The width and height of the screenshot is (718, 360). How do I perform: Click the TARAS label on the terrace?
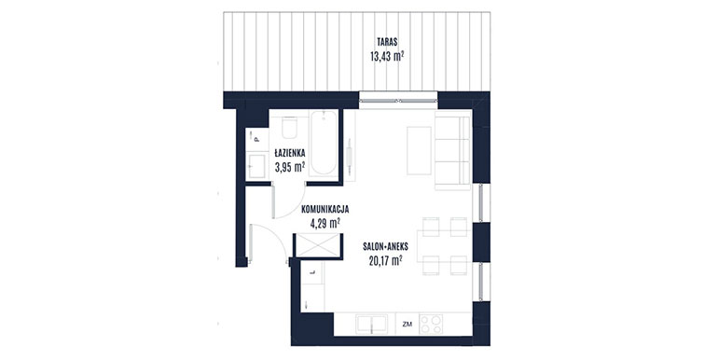pyautogui.click(x=387, y=42)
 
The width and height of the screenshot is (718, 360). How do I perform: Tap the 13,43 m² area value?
pyautogui.click(x=387, y=56)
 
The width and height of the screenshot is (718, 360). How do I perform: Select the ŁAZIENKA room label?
pyautogui.click(x=290, y=153)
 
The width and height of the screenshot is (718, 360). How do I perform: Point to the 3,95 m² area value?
pyautogui.click(x=290, y=167)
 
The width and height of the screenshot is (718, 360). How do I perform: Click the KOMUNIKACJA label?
pyautogui.click(x=325, y=209)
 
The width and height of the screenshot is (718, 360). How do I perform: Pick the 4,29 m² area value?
pyautogui.click(x=325, y=224)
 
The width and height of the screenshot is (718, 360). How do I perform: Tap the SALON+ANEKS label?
pyautogui.click(x=385, y=247)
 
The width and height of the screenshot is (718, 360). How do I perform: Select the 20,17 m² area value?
pyautogui.click(x=385, y=261)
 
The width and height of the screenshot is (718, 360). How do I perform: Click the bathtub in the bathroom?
pyautogui.click(x=324, y=143)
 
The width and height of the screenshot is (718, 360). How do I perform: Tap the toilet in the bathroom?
pyautogui.click(x=289, y=128)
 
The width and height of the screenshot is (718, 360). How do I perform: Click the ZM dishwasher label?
pyautogui.click(x=407, y=325)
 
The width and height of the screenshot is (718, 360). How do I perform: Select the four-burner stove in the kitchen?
pyautogui.click(x=431, y=325)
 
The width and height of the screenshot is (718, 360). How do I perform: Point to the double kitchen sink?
pyautogui.click(x=371, y=325)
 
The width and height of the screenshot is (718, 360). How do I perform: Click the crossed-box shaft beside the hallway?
pyautogui.click(x=318, y=245)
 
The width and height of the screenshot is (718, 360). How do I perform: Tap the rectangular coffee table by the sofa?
pyautogui.click(x=419, y=151)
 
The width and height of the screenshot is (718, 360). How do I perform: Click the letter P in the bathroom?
pyautogui.click(x=256, y=139)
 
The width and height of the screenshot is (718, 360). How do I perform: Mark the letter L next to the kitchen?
pyautogui.click(x=312, y=273)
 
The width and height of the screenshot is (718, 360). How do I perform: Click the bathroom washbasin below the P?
pyautogui.click(x=256, y=166)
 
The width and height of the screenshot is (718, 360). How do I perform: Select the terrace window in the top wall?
pyautogui.click(x=398, y=101)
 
